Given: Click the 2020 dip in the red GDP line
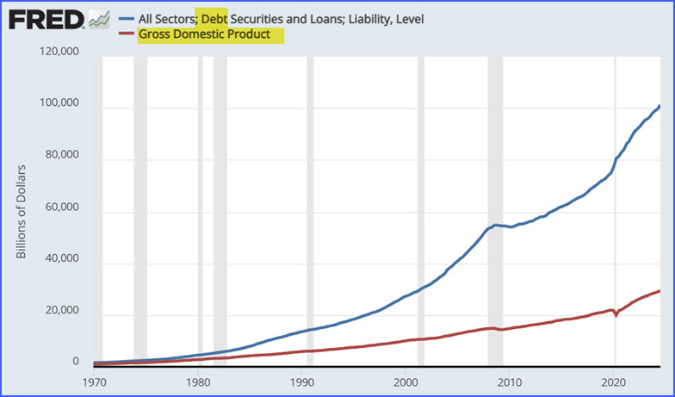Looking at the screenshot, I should tap(616, 315).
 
